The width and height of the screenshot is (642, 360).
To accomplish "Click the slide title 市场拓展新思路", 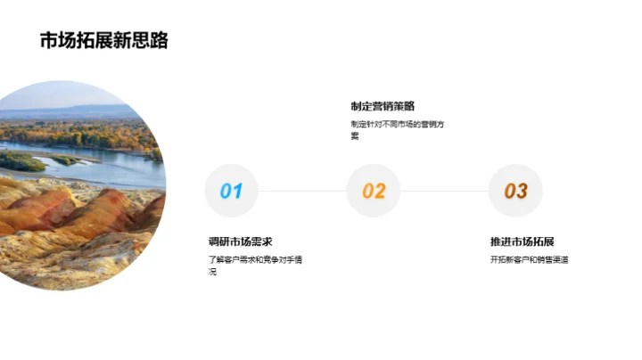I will (x=103, y=41).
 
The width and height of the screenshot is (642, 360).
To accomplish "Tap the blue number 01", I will (x=231, y=191).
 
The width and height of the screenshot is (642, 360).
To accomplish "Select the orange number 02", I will (x=374, y=191).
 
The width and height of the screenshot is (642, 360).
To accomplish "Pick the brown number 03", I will (x=515, y=191).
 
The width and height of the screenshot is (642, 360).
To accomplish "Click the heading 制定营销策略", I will (x=383, y=106).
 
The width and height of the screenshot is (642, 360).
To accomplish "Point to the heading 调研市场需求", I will (x=240, y=241).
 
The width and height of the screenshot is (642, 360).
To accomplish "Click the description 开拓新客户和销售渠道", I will (x=530, y=260).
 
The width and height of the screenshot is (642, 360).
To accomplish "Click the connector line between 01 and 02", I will (x=302, y=191).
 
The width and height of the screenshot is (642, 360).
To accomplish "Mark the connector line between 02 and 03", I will (x=444, y=191).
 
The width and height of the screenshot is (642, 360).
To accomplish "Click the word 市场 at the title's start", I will (x=52, y=41).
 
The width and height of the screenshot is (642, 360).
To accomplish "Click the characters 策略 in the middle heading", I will (x=404, y=106).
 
